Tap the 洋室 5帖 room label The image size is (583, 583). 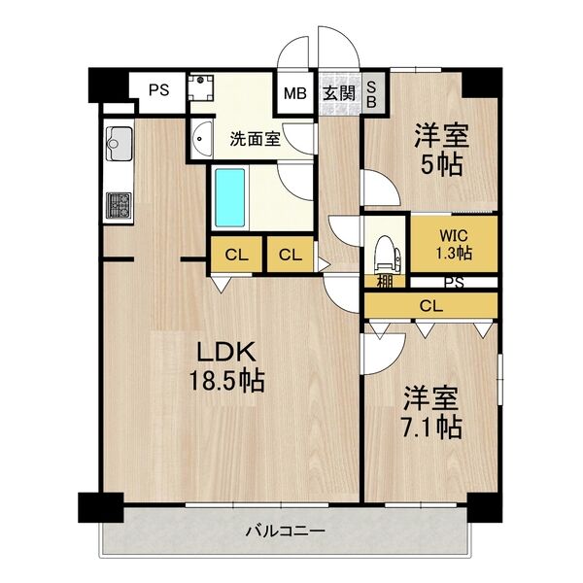coord(439,149)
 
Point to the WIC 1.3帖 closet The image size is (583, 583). coord(454,244)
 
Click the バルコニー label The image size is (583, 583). coord(284,531)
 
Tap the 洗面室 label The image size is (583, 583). coord(255,138)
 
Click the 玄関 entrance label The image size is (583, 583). coord(338,94)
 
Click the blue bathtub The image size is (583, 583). coord(230,196)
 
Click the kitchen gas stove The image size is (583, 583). coord(120,205)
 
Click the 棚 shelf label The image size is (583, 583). coord(385,283)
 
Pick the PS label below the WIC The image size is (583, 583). coord(453,283)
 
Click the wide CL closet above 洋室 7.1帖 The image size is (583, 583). coord(430,305)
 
